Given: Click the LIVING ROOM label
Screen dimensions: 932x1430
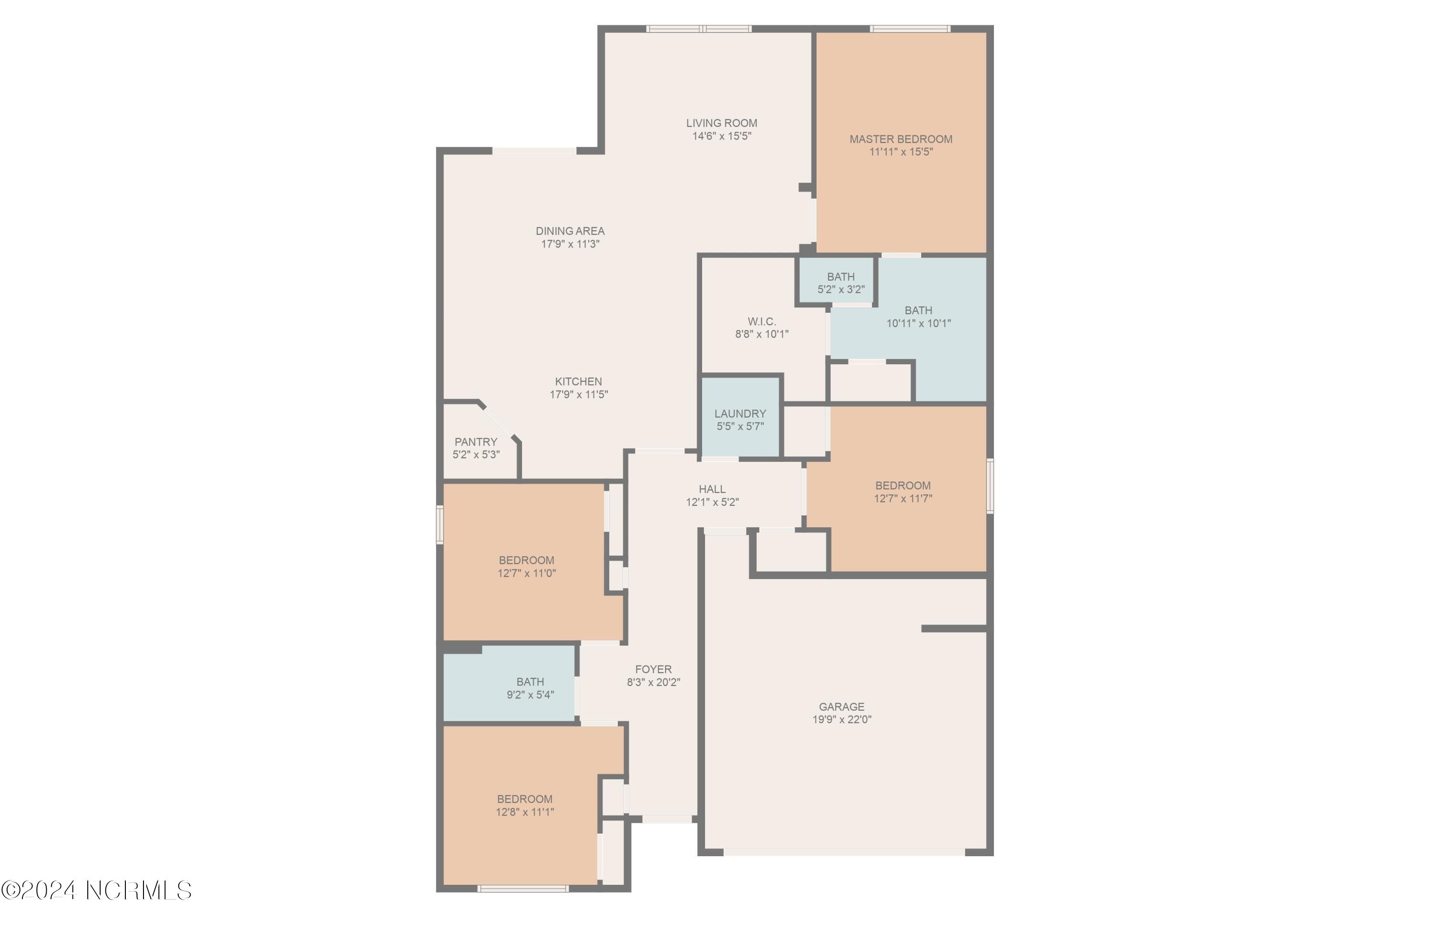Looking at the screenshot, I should click(x=721, y=123).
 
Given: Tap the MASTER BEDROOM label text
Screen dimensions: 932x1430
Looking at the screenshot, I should click(x=900, y=139).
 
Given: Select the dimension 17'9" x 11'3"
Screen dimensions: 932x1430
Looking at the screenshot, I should click(x=570, y=244).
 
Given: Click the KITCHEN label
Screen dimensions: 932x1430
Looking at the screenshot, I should click(x=578, y=381).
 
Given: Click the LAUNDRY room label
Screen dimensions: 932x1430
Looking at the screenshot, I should click(x=740, y=414).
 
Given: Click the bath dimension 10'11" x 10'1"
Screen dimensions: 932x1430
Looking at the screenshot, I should click(x=918, y=323).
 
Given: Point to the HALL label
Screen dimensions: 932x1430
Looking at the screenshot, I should click(x=712, y=489).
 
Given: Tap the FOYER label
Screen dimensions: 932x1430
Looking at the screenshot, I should click(x=653, y=669).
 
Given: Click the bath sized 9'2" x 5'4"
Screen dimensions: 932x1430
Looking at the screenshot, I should click(x=530, y=688).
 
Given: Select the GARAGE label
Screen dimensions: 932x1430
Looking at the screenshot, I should click(x=841, y=707).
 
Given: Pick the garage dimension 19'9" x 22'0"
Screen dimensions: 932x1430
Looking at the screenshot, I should click(x=841, y=719).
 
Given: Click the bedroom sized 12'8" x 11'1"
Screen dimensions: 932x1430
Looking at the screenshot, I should click(x=524, y=805).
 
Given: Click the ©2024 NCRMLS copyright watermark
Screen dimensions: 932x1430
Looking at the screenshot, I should click(x=96, y=890).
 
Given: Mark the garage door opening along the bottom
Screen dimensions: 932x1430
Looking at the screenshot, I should click(x=844, y=851).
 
